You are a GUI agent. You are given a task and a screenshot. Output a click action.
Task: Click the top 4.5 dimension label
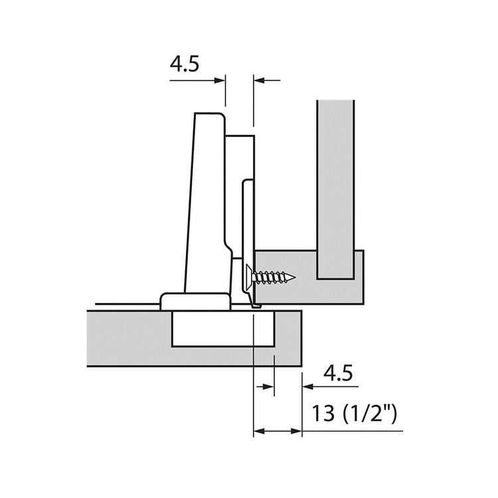[185, 64]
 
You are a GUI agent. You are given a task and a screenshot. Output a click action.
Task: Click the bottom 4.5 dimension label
[338, 373]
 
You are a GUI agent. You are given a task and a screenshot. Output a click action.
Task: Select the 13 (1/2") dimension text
[355, 414]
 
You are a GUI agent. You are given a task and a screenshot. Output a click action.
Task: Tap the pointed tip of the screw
[295, 278]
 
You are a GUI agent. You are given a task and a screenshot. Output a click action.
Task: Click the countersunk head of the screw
[249, 278]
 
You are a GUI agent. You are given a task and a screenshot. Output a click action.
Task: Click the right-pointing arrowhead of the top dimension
[220, 80]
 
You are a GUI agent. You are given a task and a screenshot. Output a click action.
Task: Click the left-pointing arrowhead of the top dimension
[259, 80]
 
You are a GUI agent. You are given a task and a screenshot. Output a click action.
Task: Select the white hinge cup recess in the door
[223, 329]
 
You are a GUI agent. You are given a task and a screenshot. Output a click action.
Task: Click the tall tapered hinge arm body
[207, 203]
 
